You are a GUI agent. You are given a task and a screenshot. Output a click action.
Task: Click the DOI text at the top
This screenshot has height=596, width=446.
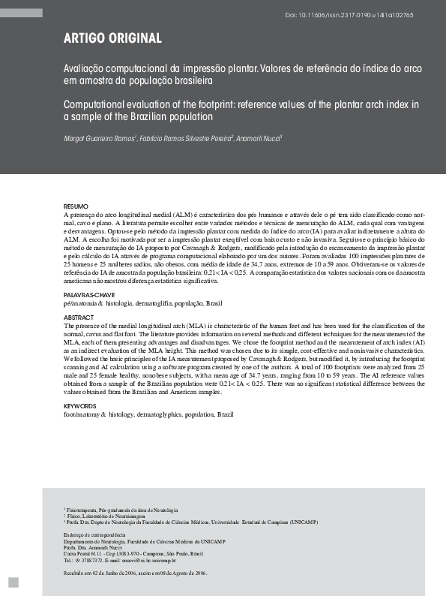coord(382,14)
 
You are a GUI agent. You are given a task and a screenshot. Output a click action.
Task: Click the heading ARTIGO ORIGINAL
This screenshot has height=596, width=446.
coord(112,38)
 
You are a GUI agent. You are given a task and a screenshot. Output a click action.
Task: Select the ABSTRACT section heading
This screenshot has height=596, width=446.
coord(79,318)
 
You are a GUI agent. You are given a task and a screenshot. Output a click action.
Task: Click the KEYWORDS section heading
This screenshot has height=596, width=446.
coord(81,406)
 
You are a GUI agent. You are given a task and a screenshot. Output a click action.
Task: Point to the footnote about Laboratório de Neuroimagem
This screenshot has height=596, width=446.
coord(104,516)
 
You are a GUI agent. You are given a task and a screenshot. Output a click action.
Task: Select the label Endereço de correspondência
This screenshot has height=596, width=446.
coord(94,534)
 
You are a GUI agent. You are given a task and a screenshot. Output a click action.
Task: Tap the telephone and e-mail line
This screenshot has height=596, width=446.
coord(120,560)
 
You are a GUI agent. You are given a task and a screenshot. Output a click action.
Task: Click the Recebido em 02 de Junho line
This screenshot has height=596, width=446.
coord(136,573)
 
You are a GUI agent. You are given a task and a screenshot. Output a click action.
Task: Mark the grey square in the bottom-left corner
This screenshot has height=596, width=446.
coord(13,583)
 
